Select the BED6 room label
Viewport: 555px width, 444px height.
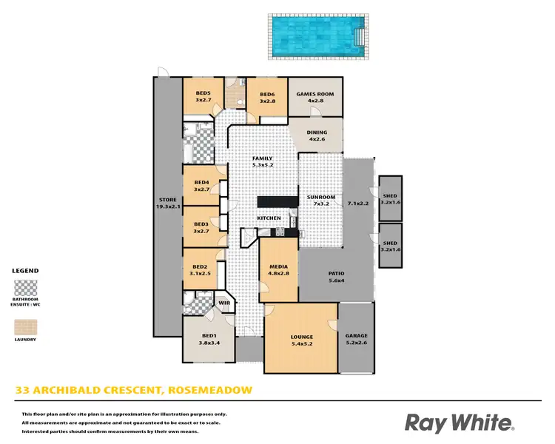coord(267,94)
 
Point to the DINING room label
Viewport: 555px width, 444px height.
coord(317,133)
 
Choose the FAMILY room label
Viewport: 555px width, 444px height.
coord(263,158)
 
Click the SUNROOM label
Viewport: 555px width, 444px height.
coord(321,197)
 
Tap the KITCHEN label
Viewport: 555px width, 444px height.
coord(269,218)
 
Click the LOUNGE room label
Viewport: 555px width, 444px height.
coord(301,337)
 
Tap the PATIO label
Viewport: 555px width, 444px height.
coord(336,273)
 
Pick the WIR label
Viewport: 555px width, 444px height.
coord(223,302)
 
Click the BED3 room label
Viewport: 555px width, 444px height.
coord(201,224)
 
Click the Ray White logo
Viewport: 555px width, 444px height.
coord(459,423)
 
